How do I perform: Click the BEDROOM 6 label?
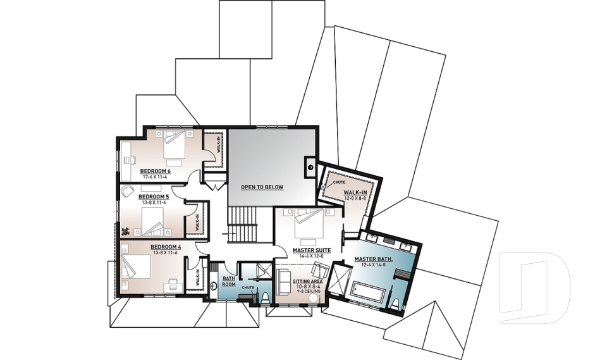pyautogui.click(x=156, y=171)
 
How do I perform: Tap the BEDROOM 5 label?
pyautogui.click(x=154, y=197)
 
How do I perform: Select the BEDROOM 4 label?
pyautogui.click(x=166, y=247)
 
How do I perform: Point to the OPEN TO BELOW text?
pyautogui.click(x=262, y=187)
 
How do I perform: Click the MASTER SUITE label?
pyautogui.click(x=312, y=250)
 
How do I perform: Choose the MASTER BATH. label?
pyautogui.click(x=373, y=259)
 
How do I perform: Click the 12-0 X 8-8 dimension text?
pyautogui.click(x=355, y=199)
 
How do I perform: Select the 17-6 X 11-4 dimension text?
pyautogui.click(x=156, y=177)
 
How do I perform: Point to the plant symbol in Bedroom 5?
pyautogui.click(x=125, y=232)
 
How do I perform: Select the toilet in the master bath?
pyautogui.click(x=395, y=302)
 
